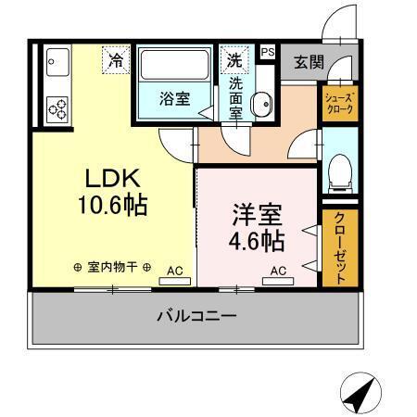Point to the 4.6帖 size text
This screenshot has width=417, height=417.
[x=256, y=241]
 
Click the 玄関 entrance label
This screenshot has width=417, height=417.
[x=309, y=62]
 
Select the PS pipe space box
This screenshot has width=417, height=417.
[x=267, y=53]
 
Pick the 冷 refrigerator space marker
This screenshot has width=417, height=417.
[x=116, y=60]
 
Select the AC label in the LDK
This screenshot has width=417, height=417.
[x=174, y=271]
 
